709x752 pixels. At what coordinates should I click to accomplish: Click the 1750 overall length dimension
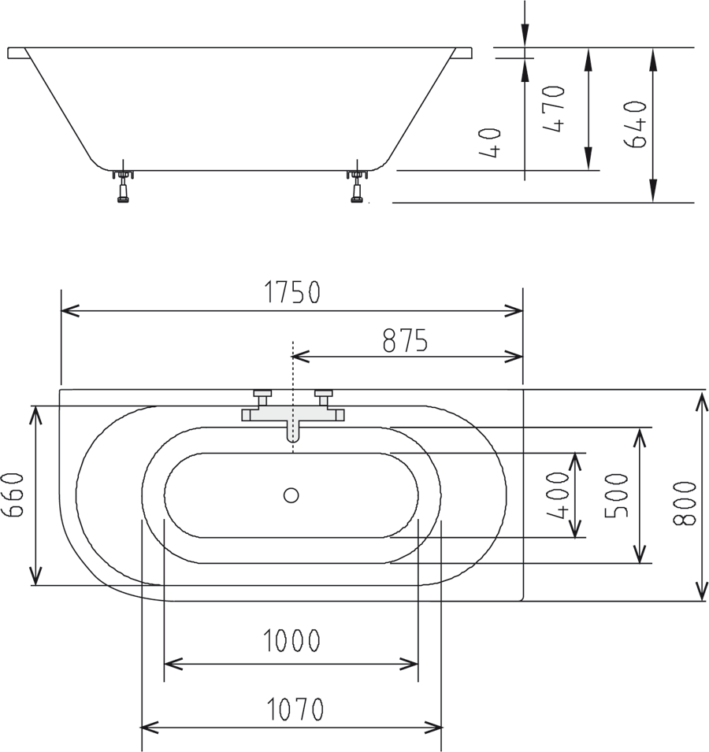click(x=291, y=292)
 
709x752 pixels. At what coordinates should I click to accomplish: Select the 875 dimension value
click(x=405, y=340)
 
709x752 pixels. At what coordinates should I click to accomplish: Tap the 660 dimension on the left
click(x=15, y=496)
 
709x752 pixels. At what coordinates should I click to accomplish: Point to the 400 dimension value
click(x=559, y=495)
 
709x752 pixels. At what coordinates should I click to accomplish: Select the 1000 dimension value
click(x=291, y=642)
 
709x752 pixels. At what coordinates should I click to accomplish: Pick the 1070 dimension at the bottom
click(x=291, y=710)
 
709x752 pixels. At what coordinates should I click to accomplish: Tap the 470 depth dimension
click(x=555, y=109)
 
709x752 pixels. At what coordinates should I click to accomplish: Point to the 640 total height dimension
click(x=635, y=124)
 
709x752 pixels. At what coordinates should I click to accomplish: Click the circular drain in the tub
click(x=291, y=495)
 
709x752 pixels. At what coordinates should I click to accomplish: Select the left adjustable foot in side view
click(x=122, y=186)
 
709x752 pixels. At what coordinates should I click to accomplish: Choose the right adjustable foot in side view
click(x=357, y=186)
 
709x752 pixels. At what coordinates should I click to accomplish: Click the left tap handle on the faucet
click(x=262, y=395)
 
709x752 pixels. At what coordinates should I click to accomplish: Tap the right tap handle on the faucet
click(x=324, y=395)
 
